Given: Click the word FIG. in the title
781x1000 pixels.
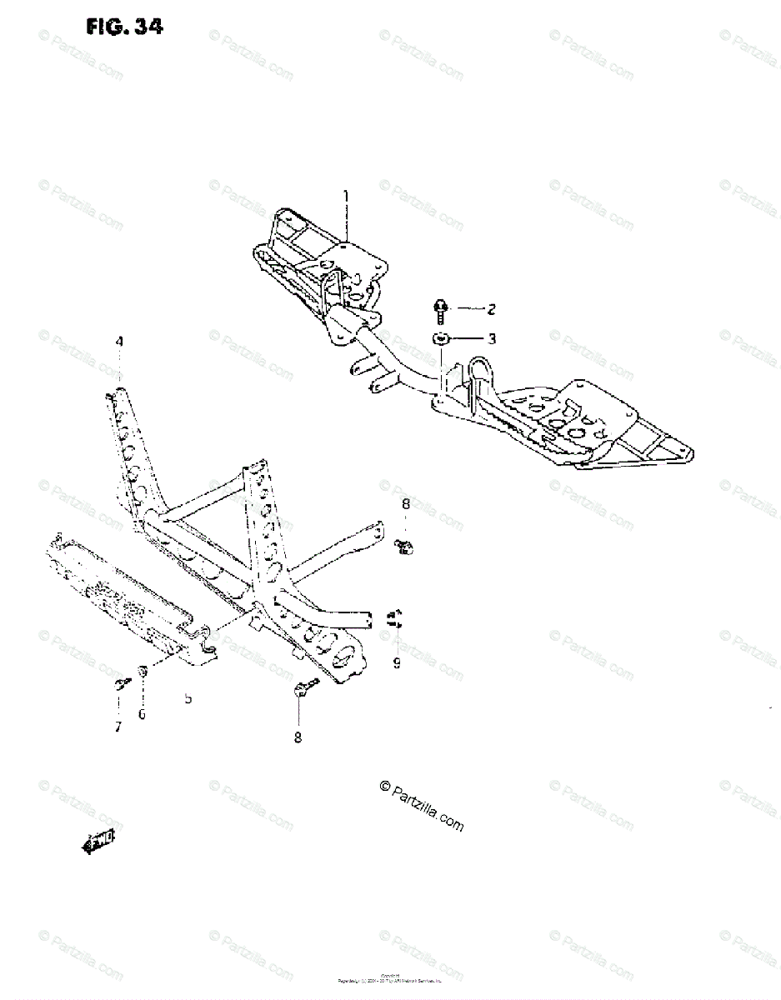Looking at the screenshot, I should pos(105,27).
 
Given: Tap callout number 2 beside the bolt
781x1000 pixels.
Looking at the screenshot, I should pos(492,310).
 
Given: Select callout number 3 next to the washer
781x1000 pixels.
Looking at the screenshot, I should pos(492,339).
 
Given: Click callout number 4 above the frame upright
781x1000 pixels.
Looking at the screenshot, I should pos(119,342).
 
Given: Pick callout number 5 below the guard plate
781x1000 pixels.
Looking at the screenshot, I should pos(188,697).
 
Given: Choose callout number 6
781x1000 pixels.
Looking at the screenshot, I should pos(142,714).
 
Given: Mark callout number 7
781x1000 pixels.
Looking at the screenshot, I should pos(118,727).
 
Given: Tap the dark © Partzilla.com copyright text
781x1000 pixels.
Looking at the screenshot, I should pos(421,806).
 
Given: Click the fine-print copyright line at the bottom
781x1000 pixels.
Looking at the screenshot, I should pos(391,980).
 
